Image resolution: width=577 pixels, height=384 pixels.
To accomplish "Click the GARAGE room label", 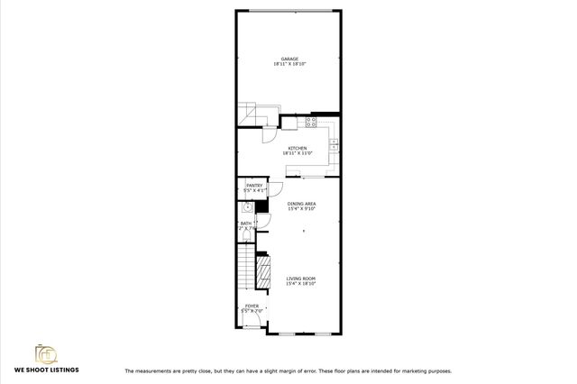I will [290, 59].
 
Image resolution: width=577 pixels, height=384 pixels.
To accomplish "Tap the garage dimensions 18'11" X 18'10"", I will [290, 65].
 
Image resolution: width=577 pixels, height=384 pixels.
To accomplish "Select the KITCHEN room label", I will [297, 148].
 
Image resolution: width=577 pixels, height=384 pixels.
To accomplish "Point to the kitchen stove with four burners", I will [311, 121].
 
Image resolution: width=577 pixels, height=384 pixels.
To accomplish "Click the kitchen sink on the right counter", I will [334, 142].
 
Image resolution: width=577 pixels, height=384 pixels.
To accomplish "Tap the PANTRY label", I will [254, 186].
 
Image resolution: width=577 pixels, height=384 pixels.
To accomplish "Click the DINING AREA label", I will [301, 204].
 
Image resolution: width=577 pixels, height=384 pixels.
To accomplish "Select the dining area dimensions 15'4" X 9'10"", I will [301, 209].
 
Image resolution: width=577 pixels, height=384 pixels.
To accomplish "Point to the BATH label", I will [245, 224].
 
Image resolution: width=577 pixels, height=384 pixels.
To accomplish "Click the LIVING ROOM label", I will [301, 279].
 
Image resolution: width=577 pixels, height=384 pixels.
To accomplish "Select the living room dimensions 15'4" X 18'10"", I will [301, 284].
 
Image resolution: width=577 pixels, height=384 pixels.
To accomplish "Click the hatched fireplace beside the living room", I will [265, 270].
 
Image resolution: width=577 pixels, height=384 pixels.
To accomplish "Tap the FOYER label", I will [252, 306].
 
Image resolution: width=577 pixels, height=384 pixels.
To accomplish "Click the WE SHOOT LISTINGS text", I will [46, 370].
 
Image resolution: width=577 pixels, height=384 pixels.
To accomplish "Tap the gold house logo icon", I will [45, 352].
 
